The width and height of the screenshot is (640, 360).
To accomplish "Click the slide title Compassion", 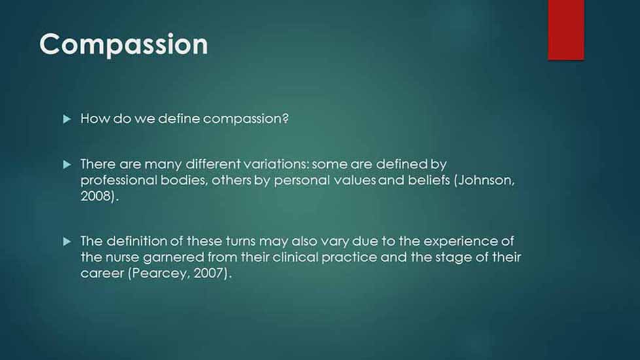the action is point(124,45).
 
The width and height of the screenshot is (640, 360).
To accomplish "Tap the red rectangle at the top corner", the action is point(565,30).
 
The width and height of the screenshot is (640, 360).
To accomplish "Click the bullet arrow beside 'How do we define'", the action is point(67,119).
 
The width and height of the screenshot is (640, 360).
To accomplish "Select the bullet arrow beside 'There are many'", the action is point(67,164).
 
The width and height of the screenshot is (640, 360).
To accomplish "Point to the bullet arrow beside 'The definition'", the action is point(67,242).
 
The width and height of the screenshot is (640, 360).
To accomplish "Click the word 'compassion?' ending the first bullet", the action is point(245,119).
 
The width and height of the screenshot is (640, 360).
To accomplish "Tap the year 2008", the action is point(96,196).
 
